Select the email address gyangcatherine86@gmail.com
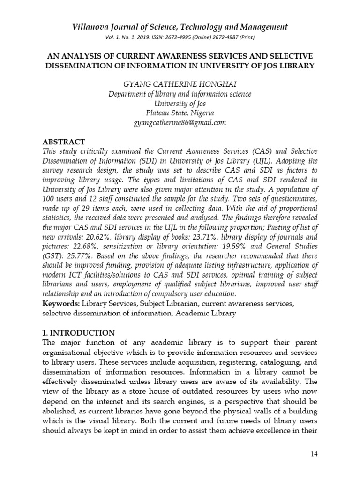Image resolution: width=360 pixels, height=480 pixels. click(180, 123)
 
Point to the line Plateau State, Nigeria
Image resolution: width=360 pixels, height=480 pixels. click(180, 113)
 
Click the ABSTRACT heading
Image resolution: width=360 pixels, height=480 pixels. click(64, 142)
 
